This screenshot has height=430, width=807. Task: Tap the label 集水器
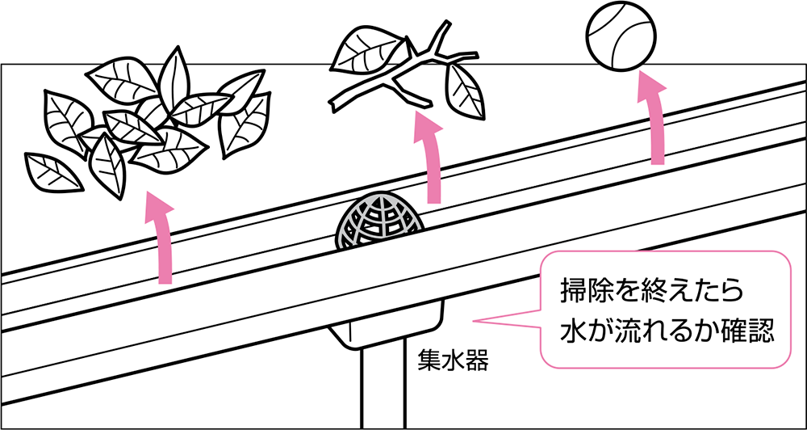[453, 360]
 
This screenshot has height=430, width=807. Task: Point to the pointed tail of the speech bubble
[475, 321]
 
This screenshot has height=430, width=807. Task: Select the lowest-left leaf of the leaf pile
[53, 173]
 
